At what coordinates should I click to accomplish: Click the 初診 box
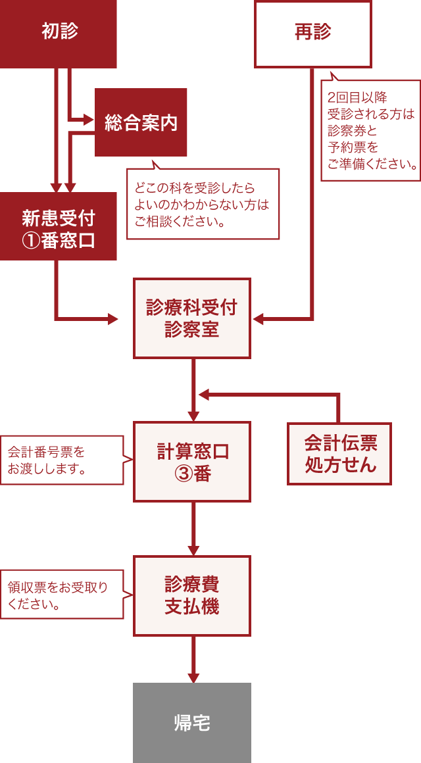(x=59, y=33)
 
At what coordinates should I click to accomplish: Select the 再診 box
(x=313, y=34)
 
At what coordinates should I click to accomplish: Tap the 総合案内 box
(x=141, y=122)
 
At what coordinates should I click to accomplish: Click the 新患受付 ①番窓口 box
(x=59, y=227)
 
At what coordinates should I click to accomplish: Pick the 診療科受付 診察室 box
(x=192, y=318)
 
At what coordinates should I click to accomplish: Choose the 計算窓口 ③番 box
(x=192, y=462)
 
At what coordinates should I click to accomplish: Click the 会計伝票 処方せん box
(x=339, y=454)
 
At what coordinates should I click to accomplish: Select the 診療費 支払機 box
(x=192, y=595)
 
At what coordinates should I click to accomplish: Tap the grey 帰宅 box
(x=192, y=723)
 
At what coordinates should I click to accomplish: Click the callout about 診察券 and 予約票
(x=371, y=130)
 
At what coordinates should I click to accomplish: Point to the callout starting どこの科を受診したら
(x=203, y=204)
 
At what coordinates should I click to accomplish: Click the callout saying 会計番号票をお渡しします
(x=62, y=460)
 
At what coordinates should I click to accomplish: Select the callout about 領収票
(x=62, y=594)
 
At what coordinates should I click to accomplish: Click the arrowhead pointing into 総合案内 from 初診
(x=89, y=120)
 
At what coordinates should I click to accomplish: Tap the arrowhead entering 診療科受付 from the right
(x=258, y=319)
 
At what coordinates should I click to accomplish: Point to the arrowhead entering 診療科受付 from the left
(x=113, y=319)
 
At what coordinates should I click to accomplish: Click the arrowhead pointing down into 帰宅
(x=193, y=677)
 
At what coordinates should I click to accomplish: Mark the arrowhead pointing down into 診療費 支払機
(x=193, y=550)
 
